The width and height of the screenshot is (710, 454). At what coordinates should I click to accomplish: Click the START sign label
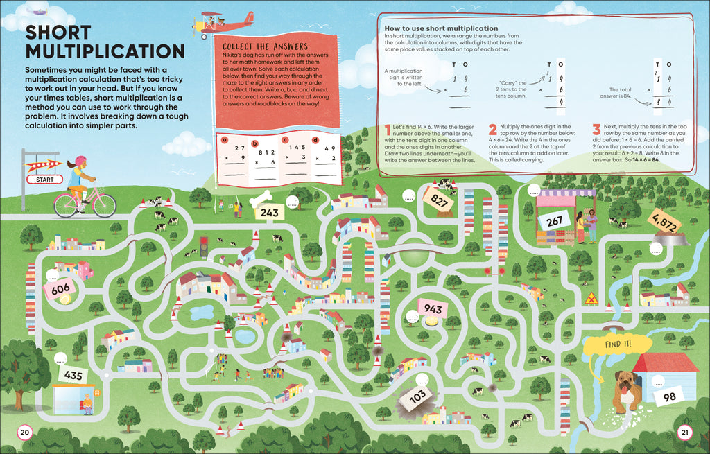tap(44, 180)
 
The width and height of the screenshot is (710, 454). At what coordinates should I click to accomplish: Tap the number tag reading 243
tap(270, 212)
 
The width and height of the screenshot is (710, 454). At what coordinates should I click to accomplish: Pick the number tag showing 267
tap(553, 222)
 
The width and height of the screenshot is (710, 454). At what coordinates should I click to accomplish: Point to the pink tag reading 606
tap(61, 288)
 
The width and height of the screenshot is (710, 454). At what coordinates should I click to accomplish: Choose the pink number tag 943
tap(433, 308)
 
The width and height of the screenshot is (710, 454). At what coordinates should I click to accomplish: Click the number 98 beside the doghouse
tap(668, 396)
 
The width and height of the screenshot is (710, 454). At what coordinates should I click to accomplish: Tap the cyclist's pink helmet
tap(80, 161)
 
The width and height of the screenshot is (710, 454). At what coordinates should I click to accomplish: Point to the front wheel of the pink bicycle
tap(105, 205)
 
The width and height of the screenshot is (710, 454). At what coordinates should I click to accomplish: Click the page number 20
tap(25, 433)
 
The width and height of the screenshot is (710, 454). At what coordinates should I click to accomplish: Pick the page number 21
tap(684, 433)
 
